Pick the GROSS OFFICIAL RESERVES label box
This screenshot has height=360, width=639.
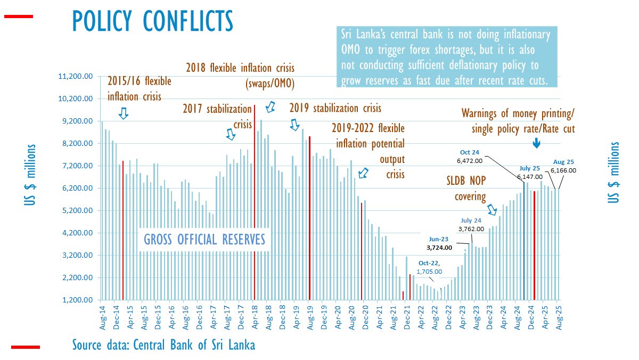pos(204,240)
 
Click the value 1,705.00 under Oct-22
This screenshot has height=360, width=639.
pos(430,271)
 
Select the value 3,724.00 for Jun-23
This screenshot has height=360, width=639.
pos(439,248)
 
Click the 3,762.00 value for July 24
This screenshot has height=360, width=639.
pos(471,229)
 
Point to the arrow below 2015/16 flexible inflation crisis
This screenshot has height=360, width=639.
pos(124,113)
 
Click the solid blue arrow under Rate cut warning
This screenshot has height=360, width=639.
pos(536,143)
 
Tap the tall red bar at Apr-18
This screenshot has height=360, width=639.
pos(255,202)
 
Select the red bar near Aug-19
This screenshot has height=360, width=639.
pos(309,218)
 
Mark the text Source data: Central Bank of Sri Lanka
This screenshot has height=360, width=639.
pos(163,345)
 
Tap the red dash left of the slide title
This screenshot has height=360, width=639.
pos(19,17)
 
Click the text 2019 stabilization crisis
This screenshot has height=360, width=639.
pos(335,108)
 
